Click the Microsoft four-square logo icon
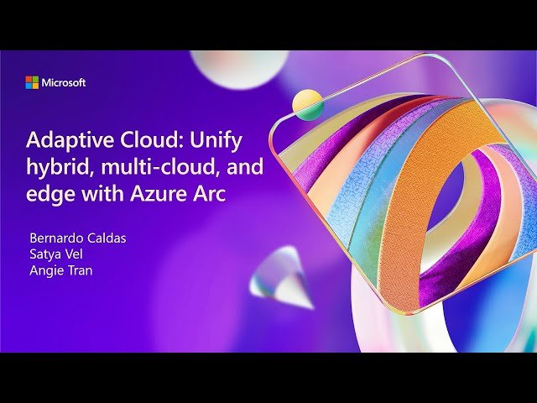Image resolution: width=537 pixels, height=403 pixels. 32,82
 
